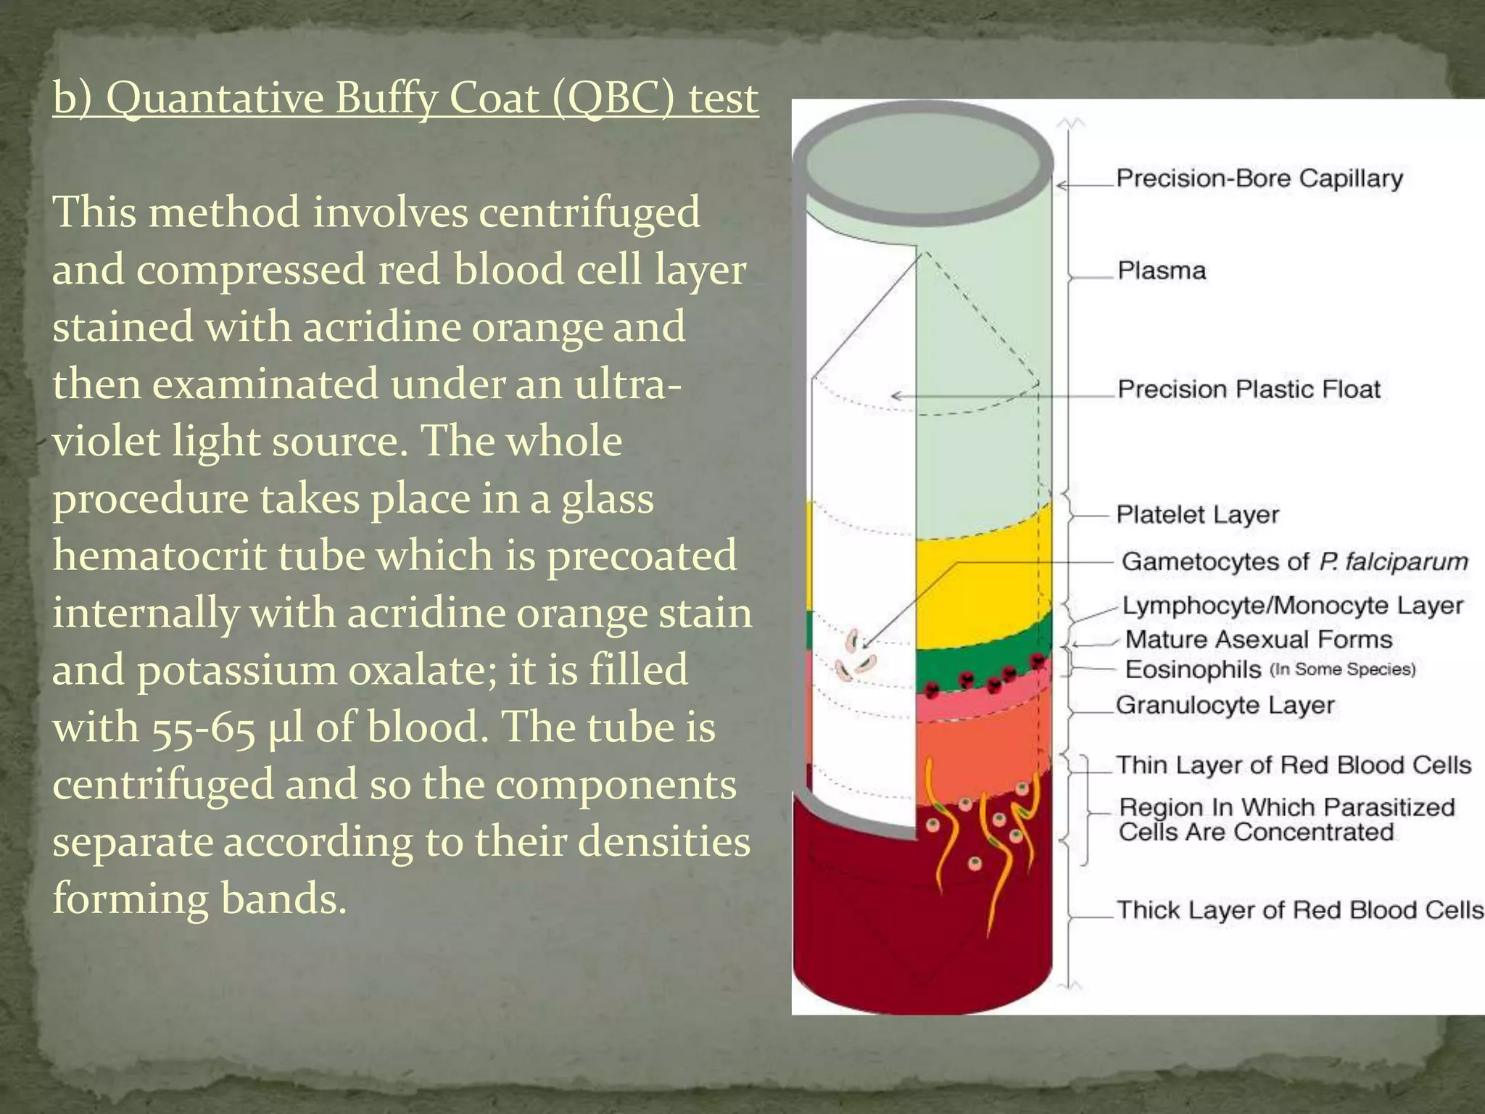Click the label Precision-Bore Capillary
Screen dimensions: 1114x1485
click(x=1259, y=178)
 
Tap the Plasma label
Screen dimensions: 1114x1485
click(x=1162, y=271)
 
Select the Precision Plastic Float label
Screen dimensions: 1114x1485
click(x=1249, y=389)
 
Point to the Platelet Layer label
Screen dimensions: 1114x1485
click(x=1197, y=514)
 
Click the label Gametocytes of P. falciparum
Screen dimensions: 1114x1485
click(x=1294, y=561)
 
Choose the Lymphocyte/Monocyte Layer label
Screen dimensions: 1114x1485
click(x=1293, y=606)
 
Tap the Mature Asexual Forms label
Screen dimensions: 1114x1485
click(x=1259, y=639)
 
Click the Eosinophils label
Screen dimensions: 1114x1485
click(x=1194, y=669)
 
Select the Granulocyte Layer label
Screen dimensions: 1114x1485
click(x=1225, y=705)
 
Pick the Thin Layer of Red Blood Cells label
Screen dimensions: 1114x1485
click(x=1294, y=765)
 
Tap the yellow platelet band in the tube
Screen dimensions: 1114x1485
click(x=979, y=580)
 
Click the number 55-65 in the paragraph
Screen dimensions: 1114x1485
click(x=204, y=727)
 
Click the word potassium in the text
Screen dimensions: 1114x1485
click(x=237, y=670)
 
